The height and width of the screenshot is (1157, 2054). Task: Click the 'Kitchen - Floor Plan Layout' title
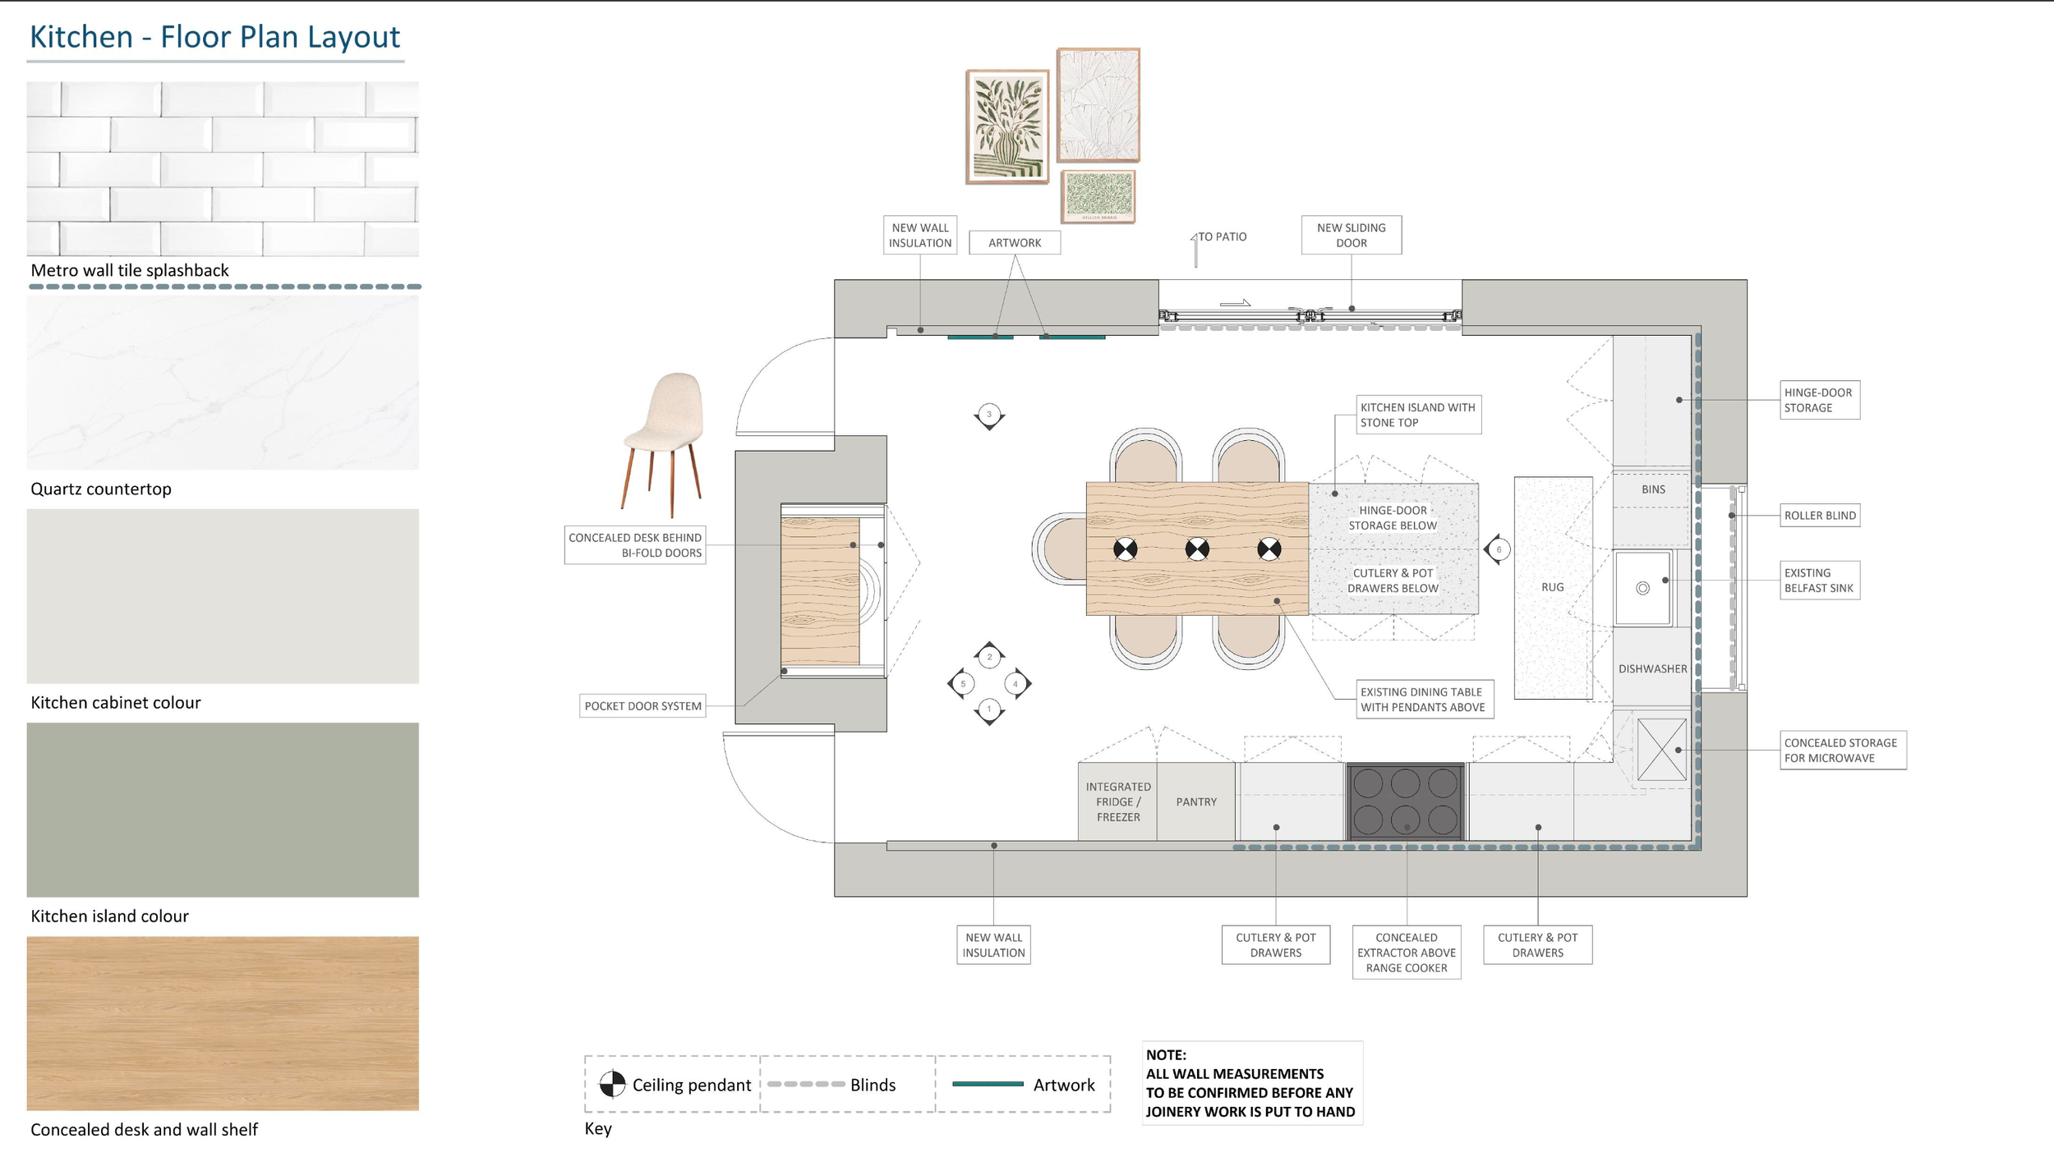coord(214,37)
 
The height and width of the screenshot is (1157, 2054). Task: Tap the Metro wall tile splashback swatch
coord(223,168)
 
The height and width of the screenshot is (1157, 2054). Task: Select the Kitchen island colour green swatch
coord(223,810)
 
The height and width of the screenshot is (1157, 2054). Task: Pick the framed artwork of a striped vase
coord(1007,126)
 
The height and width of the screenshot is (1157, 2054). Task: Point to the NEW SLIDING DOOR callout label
coord(1352,235)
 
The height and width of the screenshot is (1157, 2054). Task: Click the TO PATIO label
coord(1223,236)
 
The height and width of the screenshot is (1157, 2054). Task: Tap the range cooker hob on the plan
coord(1405,801)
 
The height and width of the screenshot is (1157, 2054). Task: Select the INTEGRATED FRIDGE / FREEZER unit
coord(1117,801)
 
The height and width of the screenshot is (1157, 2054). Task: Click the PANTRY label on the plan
coord(1196,801)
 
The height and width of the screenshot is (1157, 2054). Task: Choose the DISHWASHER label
coord(1653,668)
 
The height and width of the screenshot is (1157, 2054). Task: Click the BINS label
coord(1654,489)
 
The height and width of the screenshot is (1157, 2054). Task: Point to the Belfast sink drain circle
coord(1642,588)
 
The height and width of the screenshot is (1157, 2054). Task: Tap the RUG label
coord(1553,587)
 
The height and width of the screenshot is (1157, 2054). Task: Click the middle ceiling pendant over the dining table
coord(1197,549)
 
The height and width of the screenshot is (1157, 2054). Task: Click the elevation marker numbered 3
coord(989,416)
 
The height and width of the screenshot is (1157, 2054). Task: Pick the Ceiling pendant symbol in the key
coord(612,1084)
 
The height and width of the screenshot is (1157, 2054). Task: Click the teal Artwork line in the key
coord(988,1084)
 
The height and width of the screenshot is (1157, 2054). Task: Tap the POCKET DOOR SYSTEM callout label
coord(643,706)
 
